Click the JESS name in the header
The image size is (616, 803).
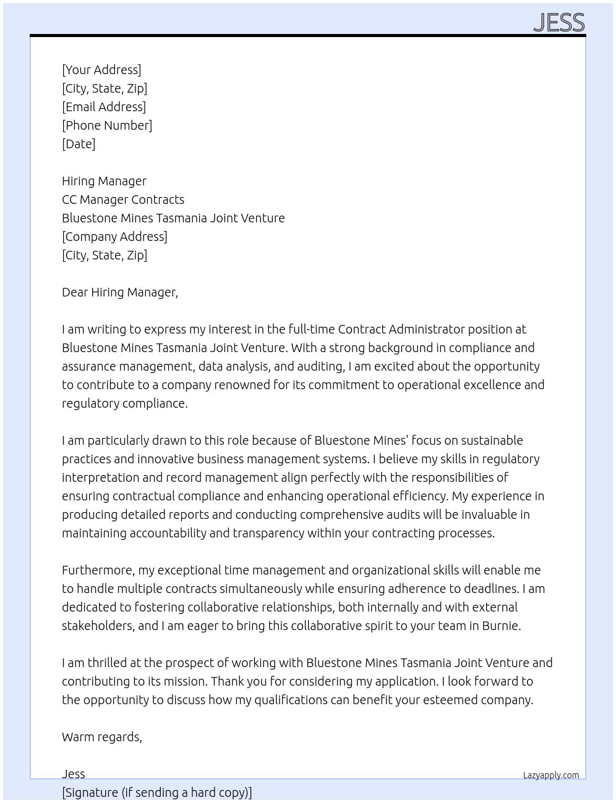558,22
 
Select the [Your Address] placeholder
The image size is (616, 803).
101,70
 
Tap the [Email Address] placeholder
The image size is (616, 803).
104,107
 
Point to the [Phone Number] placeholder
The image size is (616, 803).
107,125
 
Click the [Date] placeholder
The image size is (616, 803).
79,144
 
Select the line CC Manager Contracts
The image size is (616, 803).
123,200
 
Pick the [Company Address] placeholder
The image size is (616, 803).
114,237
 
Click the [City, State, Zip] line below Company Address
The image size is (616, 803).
105,255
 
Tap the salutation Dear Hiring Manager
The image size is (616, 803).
119,292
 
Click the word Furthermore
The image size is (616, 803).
98,570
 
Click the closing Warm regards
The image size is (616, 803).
101,737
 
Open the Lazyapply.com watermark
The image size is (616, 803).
550,775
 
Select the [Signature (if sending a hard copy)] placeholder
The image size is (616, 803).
156,792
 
